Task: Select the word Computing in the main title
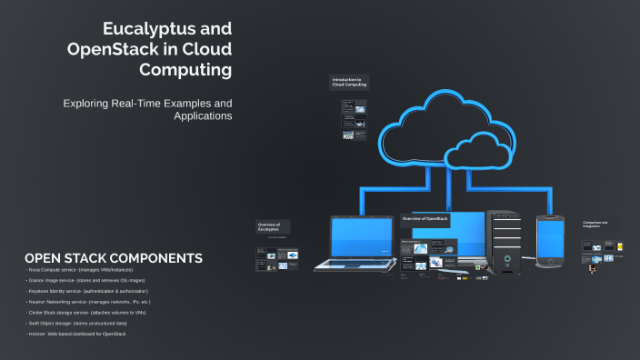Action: pos(185,69)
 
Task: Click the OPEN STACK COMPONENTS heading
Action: pos(114,258)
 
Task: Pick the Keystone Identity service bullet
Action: pos(87,291)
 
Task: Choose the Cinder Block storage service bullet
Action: pos(86,312)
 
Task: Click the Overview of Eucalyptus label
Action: pos(270,226)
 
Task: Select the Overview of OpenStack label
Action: pos(425,219)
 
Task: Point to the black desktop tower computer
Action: pos(505,241)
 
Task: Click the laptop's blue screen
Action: pos(360,238)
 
